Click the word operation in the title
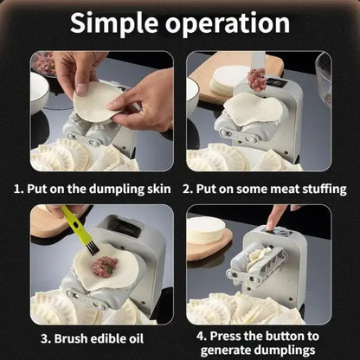[x=234, y=23]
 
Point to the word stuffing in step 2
[x=319, y=187]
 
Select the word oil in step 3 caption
[x=144, y=337]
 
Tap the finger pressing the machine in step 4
[x=273, y=216]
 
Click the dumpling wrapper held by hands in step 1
[x=97, y=103]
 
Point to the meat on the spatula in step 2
[x=256, y=80]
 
